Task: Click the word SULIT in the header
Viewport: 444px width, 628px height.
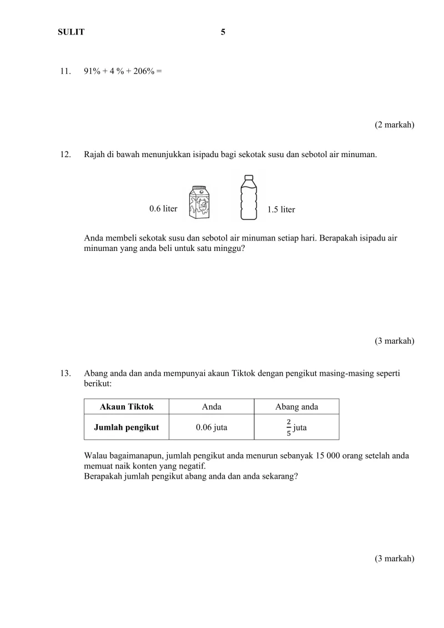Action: pyautogui.click(x=71, y=32)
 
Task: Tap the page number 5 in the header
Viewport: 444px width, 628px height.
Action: pyautogui.click(x=223, y=32)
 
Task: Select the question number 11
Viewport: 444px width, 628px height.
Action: pyautogui.click(x=65, y=71)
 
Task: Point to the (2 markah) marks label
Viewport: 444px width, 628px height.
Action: pyautogui.click(x=395, y=125)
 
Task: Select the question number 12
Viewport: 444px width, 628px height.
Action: pyautogui.click(x=65, y=154)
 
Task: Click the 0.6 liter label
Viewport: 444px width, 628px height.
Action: pyautogui.click(x=163, y=209)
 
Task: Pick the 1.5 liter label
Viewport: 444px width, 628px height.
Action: pyautogui.click(x=281, y=209)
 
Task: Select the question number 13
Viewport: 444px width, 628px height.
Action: pyautogui.click(x=65, y=374)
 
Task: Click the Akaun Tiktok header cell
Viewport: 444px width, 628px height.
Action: pyautogui.click(x=127, y=407)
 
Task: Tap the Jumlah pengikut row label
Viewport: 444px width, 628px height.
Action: pyautogui.click(x=127, y=428)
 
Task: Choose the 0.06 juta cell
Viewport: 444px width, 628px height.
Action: pyautogui.click(x=211, y=428)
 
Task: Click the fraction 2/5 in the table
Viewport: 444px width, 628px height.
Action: pyautogui.click(x=289, y=428)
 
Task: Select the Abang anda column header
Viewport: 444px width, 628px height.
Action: pyautogui.click(x=296, y=407)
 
